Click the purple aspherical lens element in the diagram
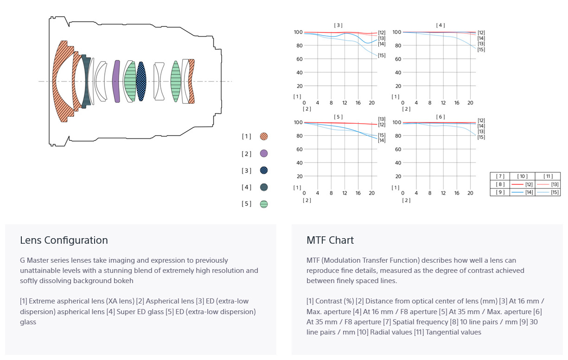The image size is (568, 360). pos(116,82)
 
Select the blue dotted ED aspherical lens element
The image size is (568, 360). pos(141,82)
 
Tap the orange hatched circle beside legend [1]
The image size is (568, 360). pos(264,136)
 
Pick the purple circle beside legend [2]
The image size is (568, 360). pos(264,153)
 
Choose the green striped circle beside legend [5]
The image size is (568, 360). pos(264,204)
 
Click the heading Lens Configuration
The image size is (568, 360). pos(64,240)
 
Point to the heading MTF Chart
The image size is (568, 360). pos(330,240)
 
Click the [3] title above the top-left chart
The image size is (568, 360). pos(338,25)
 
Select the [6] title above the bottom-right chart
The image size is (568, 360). pos(440,117)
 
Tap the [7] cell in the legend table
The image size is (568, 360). pos(500,177)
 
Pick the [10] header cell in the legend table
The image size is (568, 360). pos(523,177)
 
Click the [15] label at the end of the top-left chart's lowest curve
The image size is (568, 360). pos(382,55)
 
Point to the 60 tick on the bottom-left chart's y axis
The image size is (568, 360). pos(300,149)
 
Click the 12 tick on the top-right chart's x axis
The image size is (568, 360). pos(443,103)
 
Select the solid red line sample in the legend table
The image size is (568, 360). pos(517,184)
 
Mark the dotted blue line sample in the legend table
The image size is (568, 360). pos(543,192)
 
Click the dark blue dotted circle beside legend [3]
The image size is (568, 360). pos(264,170)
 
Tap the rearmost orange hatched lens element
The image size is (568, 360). pos(191,82)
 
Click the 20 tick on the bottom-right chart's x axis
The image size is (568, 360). pos(470,193)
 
